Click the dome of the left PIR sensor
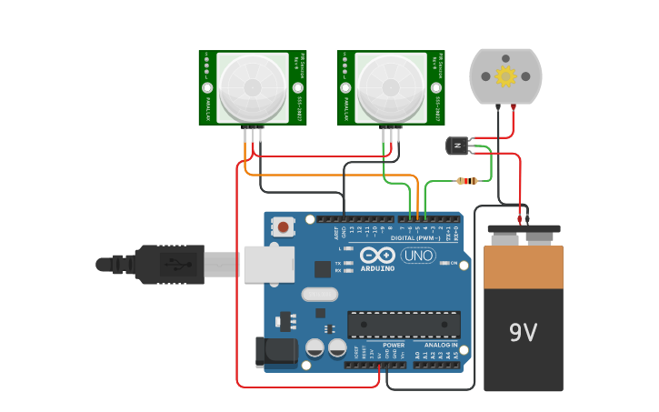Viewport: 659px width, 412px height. point(253,87)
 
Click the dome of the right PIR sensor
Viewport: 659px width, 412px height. point(391,87)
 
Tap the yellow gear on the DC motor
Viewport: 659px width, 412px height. point(505,76)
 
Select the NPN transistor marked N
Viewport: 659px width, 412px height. point(456,145)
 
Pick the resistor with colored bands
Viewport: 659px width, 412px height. point(466,181)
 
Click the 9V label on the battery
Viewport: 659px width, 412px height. point(523,333)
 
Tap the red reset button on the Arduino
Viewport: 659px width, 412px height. point(285,226)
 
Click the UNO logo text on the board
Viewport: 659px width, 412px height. point(418,256)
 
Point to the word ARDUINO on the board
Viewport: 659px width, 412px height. point(377,268)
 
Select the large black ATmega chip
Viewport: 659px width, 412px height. point(404,325)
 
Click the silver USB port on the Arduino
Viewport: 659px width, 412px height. point(268,264)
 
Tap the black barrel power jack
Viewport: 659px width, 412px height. point(275,351)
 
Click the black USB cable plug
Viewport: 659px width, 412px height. point(169,264)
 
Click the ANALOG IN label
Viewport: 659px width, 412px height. point(443,346)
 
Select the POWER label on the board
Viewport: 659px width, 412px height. point(394,346)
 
